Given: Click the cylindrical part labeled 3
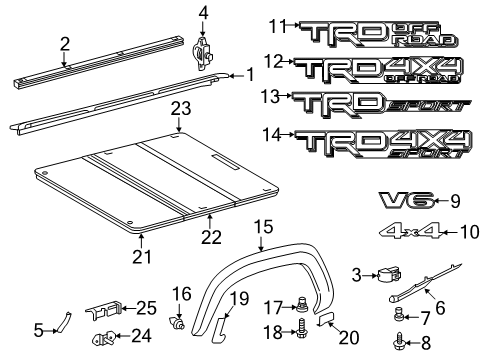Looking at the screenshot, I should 387,276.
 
